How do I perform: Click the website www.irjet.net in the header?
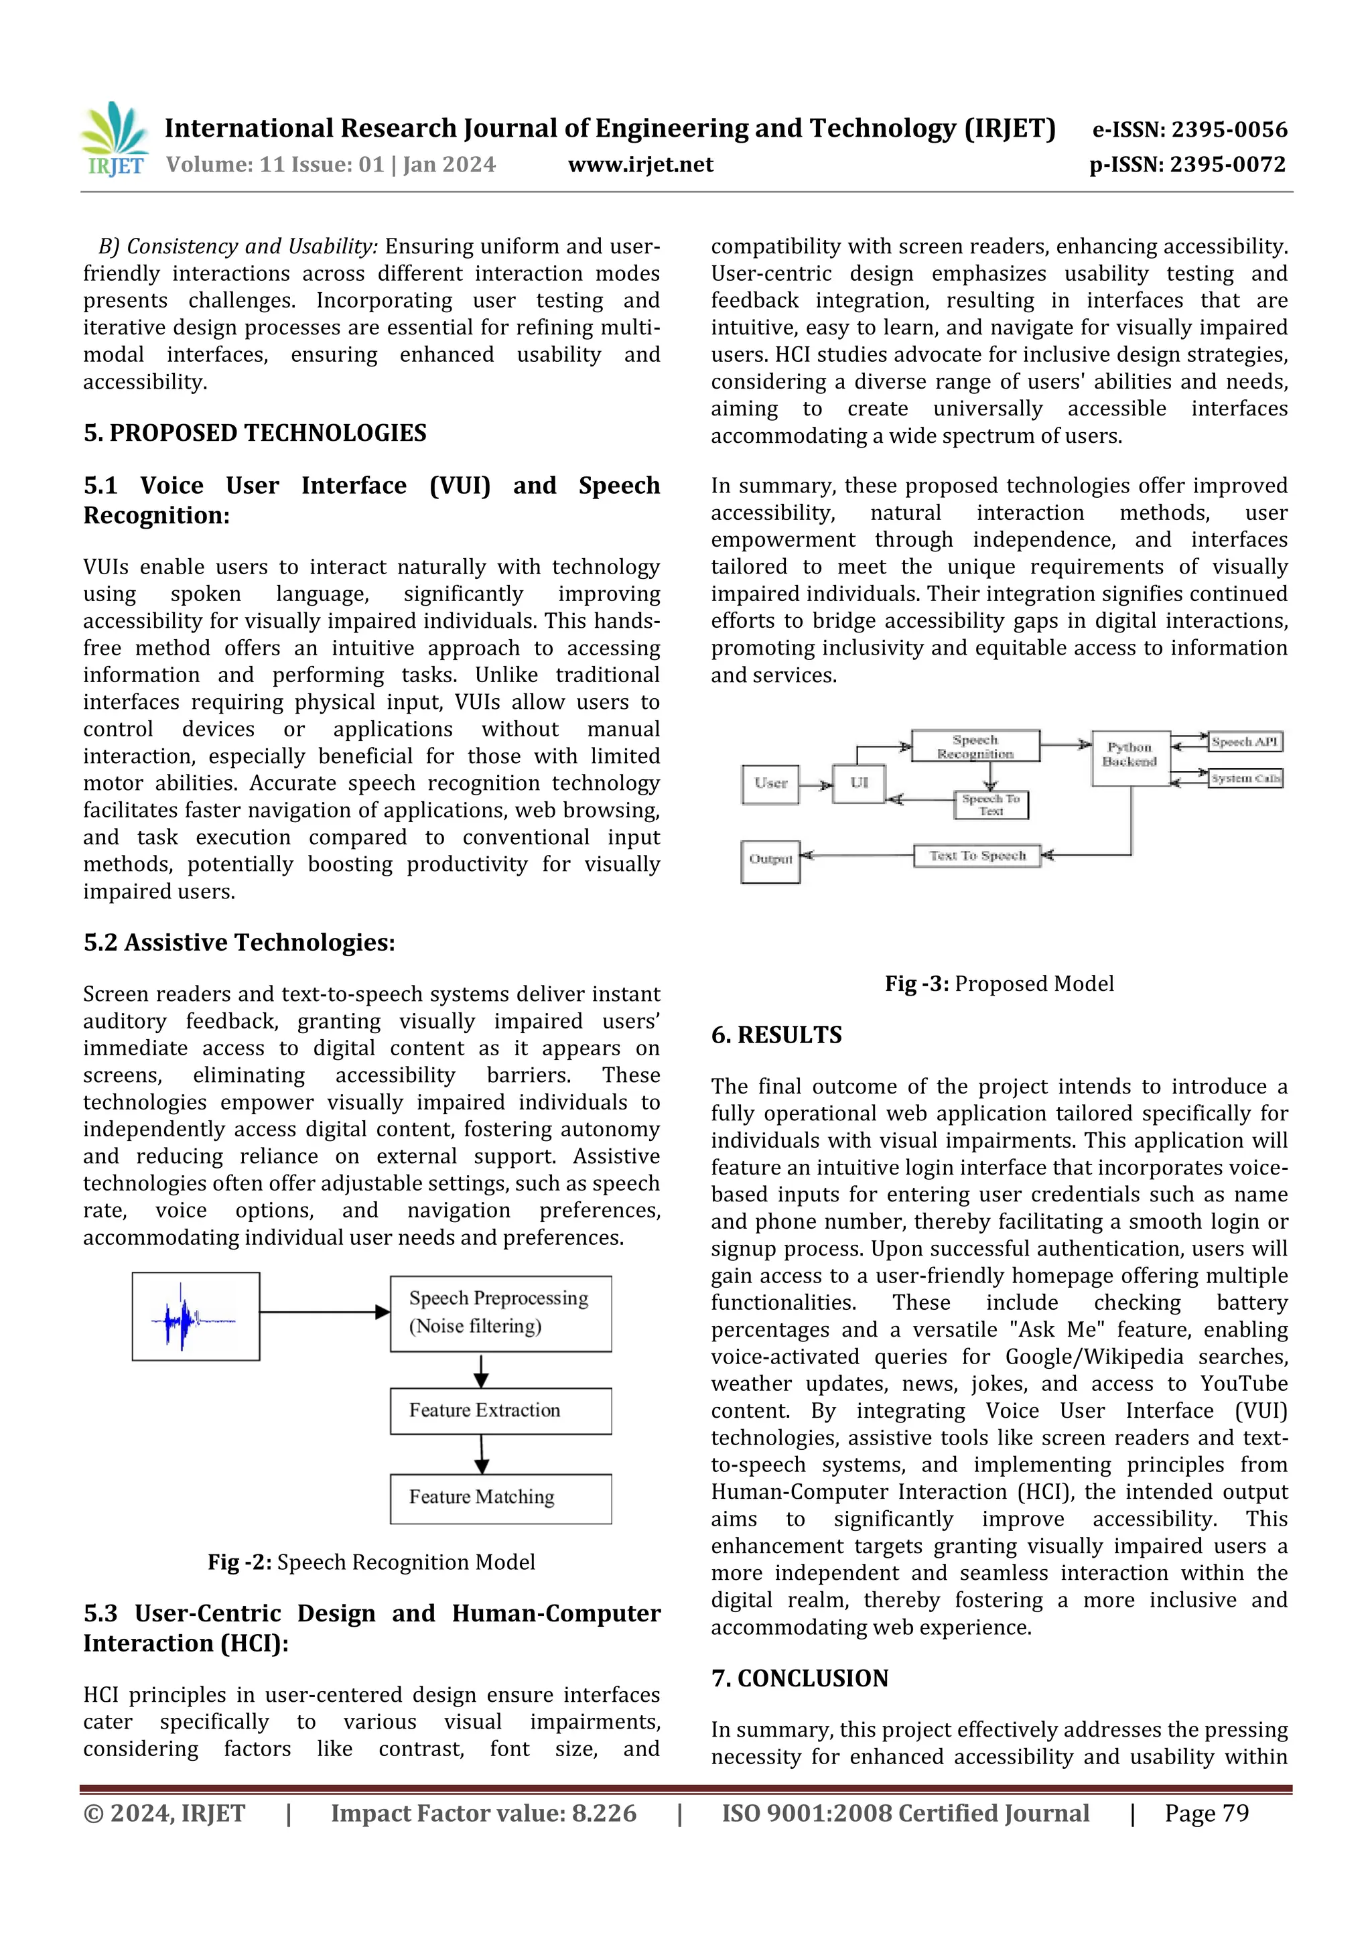(640, 165)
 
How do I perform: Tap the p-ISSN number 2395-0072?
(1228, 165)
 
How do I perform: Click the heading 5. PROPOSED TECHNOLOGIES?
(255, 433)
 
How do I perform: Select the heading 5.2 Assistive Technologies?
(239, 943)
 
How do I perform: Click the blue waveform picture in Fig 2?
(195, 1317)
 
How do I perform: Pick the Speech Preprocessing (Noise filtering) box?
(500, 1313)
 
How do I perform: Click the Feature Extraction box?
(500, 1410)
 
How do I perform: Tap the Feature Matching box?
(500, 1497)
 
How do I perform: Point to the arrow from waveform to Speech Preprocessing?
(324, 1312)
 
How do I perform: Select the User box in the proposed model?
(770, 784)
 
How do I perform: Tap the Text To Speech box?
(977, 856)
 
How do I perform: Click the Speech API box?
(1244, 742)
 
